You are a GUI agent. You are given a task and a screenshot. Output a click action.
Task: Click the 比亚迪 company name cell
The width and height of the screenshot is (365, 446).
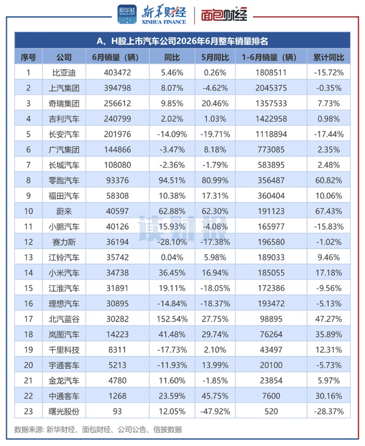pos(64,72)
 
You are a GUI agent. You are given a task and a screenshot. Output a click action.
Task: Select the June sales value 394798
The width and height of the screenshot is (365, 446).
pos(117,88)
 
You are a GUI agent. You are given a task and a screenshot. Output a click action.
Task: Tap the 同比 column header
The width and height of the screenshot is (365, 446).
pos(172,57)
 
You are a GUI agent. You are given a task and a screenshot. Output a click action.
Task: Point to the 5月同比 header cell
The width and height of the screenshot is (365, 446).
pos(215,57)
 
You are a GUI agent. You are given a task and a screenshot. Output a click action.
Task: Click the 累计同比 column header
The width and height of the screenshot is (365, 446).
pos(328,57)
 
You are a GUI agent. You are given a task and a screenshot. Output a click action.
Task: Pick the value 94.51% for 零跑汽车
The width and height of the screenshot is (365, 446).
pos(172,180)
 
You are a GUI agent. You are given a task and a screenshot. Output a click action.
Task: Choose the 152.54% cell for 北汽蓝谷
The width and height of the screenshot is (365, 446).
pos(172,319)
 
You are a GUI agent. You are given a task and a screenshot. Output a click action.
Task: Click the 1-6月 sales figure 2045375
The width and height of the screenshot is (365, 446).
pos(271,88)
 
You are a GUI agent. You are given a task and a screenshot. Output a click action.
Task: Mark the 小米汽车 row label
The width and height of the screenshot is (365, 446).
pos(64,273)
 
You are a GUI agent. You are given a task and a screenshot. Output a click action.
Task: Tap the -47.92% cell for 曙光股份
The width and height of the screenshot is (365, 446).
pos(215,411)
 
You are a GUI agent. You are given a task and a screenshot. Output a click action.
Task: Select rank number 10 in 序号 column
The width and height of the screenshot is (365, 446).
pos(28,211)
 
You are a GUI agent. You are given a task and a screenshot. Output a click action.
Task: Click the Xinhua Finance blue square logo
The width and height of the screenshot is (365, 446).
pos(127,14)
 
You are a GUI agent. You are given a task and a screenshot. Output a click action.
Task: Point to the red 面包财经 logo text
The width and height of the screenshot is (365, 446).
pos(224,15)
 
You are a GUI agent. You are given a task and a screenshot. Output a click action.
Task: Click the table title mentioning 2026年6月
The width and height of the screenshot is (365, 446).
pos(182,41)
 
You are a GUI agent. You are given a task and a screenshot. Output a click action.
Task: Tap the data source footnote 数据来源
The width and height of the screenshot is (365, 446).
pos(98,429)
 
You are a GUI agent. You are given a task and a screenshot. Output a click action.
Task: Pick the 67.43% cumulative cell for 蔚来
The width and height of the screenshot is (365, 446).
pos(328,211)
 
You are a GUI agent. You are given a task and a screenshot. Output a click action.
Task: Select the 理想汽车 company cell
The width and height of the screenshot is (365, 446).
pos(64,303)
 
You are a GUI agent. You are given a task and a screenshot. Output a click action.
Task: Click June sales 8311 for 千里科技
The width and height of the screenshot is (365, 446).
pos(117,349)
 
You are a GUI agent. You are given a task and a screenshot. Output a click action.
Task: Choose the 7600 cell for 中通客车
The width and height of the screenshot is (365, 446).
pos(271,396)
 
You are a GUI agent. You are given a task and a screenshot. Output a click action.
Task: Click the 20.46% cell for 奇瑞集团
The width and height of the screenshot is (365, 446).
pos(215,103)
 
